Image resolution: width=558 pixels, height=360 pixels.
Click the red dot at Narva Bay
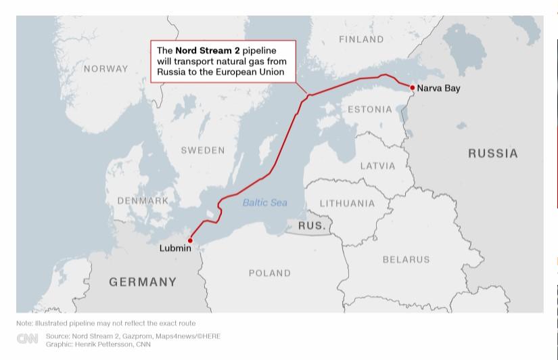(x=412, y=87)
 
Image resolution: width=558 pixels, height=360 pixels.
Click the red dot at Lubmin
(x=190, y=240)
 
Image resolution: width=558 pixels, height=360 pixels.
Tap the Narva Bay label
(x=438, y=88)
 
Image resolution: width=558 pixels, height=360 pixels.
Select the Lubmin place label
(x=175, y=248)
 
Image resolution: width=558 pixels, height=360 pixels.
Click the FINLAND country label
(x=361, y=39)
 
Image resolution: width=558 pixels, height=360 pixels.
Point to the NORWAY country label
(x=106, y=68)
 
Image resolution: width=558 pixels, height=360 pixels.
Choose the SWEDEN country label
(x=202, y=150)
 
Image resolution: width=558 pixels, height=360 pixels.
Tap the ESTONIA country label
(x=369, y=109)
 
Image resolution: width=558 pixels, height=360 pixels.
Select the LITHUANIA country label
(x=347, y=203)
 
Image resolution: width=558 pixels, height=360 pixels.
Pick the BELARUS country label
(x=406, y=259)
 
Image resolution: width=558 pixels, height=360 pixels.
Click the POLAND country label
(x=269, y=273)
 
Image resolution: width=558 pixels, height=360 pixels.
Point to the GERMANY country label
(x=143, y=282)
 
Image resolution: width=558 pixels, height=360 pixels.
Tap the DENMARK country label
(x=143, y=201)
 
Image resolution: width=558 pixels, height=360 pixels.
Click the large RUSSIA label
(x=493, y=154)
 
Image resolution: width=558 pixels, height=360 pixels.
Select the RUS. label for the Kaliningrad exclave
(x=312, y=225)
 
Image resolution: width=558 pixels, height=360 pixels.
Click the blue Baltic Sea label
(x=264, y=202)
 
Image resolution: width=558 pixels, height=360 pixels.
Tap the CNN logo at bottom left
(x=28, y=339)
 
